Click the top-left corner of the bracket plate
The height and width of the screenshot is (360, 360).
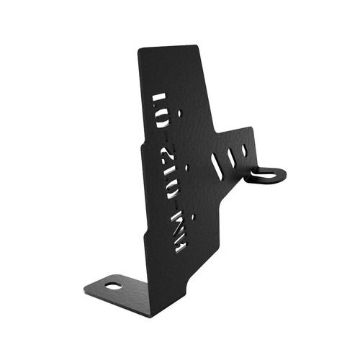140,50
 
